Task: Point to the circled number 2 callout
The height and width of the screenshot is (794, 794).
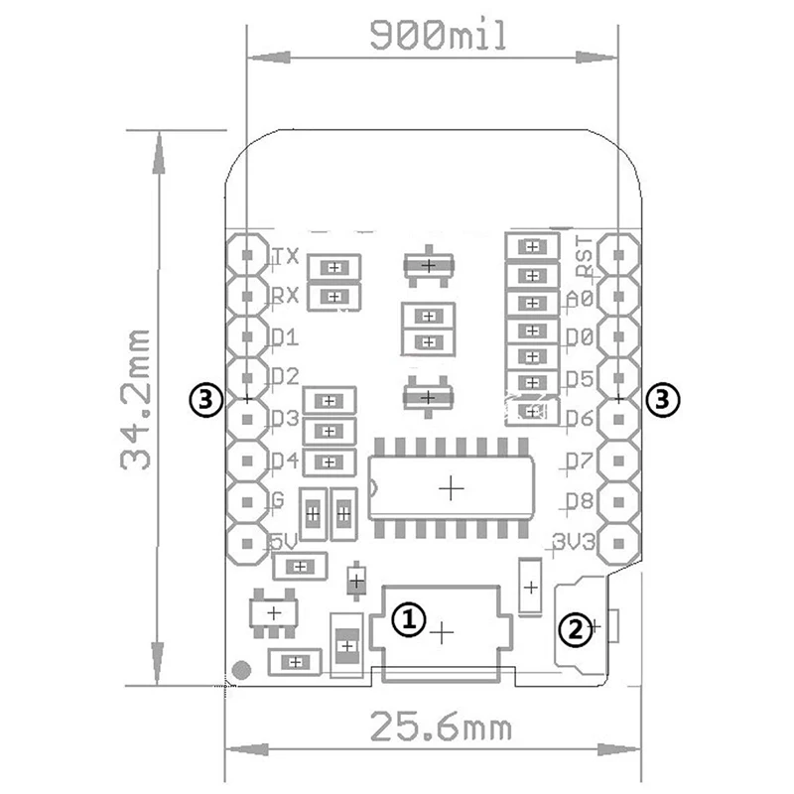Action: point(574,627)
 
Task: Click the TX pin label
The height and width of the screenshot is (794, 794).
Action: point(286,256)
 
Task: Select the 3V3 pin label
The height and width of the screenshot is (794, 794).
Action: point(576,542)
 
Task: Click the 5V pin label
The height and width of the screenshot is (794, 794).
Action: point(285,542)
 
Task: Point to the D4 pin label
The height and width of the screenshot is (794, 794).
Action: point(285,460)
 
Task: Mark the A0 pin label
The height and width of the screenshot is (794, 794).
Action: point(581,297)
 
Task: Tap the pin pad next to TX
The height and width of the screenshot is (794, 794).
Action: point(246,254)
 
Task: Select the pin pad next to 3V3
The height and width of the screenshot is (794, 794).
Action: point(619,542)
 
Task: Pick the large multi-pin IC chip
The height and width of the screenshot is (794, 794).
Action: point(452,487)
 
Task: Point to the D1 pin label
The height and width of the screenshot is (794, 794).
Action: point(285,337)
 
